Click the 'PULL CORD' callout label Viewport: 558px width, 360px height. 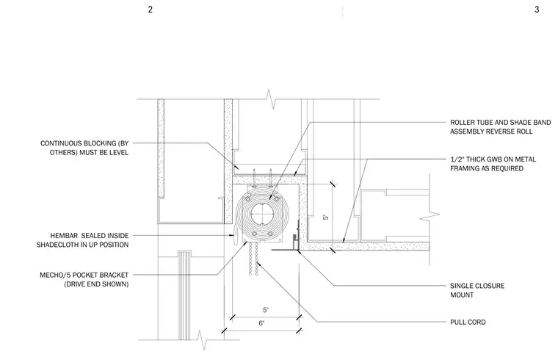(468, 322)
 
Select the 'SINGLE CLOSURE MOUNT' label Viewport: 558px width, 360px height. (477, 290)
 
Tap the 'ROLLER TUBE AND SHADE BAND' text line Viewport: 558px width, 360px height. (500, 122)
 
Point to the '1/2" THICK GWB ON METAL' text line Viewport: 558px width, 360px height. (493, 159)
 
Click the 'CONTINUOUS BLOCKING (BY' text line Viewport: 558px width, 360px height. (84, 143)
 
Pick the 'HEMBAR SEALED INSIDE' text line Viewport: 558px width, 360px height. (90, 235)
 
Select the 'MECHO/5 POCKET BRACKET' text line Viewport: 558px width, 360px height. (84, 275)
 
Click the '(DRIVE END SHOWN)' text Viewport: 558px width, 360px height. (96, 284)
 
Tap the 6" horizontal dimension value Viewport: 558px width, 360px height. (261, 323)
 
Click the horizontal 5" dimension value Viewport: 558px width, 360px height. (266, 310)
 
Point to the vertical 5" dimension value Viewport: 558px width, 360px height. (325, 217)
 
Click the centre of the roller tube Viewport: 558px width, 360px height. (261, 214)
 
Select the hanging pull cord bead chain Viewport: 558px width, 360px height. (253, 259)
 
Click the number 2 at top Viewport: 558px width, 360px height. (151, 10)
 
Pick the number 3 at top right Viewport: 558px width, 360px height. (537, 10)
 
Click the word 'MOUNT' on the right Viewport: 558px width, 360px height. (462, 295)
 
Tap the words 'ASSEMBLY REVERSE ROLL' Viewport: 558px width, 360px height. (491, 132)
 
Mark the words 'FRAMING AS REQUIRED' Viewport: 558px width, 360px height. (487, 168)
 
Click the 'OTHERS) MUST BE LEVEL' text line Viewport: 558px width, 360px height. (89, 152)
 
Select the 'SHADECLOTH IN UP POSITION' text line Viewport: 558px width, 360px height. (82, 245)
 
